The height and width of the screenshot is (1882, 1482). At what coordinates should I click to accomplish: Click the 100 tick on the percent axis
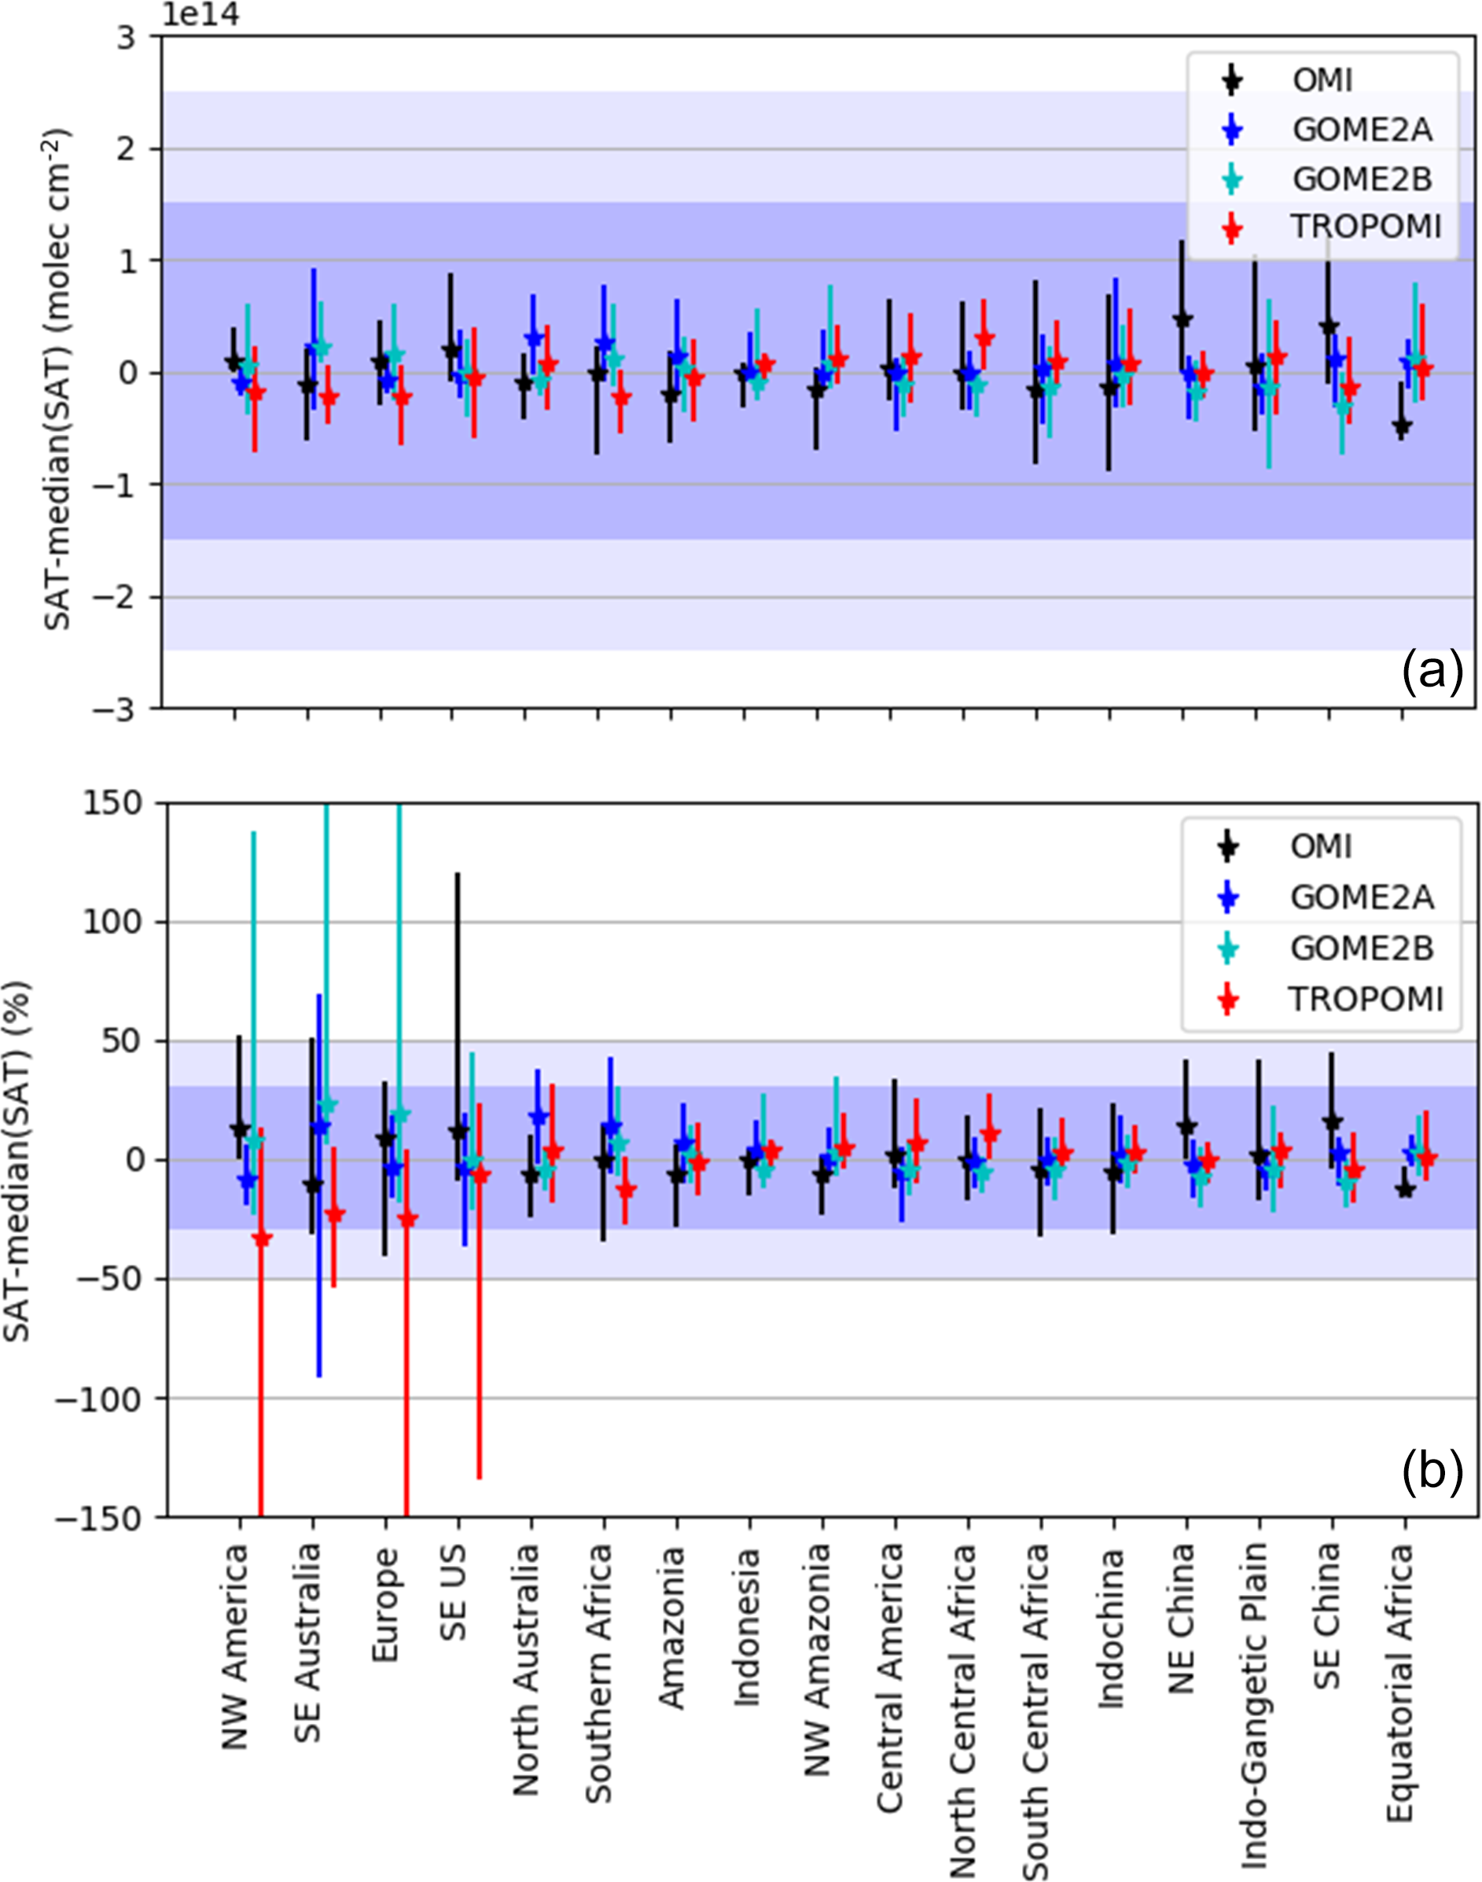point(111,922)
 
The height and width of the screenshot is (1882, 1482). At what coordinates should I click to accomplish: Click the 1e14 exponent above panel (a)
point(200,15)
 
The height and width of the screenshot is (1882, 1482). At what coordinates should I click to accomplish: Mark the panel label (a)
point(1432,672)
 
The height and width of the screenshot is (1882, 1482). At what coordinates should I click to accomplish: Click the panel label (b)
point(1432,1471)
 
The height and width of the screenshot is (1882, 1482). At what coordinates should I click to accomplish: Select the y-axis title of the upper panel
point(57,379)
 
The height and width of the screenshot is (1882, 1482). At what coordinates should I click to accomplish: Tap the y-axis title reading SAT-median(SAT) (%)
point(17,1161)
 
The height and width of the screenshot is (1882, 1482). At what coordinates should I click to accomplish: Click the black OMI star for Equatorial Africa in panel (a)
point(1400,425)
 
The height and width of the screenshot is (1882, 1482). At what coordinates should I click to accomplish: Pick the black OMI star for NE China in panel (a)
point(1182,319)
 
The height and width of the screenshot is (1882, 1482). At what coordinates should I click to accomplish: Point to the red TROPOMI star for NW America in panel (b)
point(261,1238)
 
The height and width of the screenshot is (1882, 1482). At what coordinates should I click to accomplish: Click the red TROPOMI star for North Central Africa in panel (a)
point(984,337)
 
